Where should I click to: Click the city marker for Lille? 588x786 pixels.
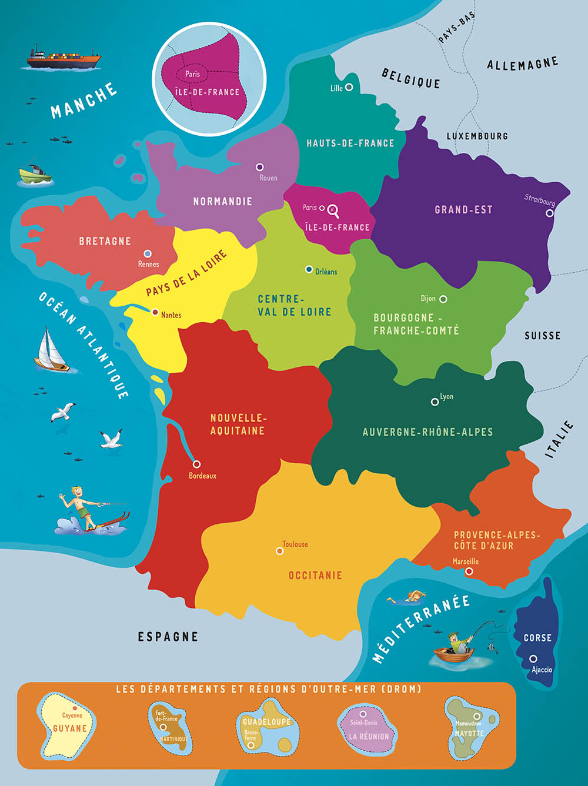pyautogui.click(x=349, y=87)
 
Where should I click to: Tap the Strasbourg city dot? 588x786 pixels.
pyautogui.click(x=550, y=213)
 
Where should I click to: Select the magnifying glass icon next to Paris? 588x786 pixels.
pyautogui.click(x=333, y=209)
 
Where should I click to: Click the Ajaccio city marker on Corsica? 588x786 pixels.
pyautogui.click(x=533, y=658)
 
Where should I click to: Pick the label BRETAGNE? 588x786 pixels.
pyautogui.click(x=105, y=241)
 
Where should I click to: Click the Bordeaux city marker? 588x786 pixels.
pyautogui.click(x=196, y=464)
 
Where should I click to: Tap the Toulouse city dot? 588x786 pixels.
pyautogui.click(x=280, y=551)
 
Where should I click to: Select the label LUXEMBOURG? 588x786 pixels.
pyautogui.click(x=477, y=136)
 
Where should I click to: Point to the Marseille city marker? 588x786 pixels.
pyautogui.click(x=469, y=571)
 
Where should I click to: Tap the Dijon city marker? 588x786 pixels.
pyautogui.click(x=443, y=299)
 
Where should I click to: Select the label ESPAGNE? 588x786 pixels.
pyautogui.click(x=168, y=637)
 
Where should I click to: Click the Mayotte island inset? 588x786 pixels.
pyautogui.click(x=469, y=727)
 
